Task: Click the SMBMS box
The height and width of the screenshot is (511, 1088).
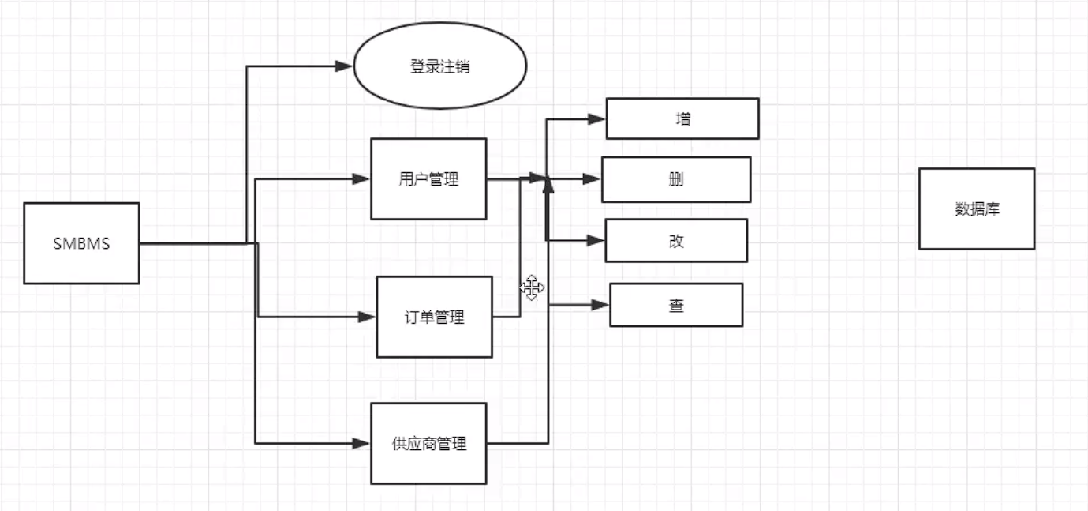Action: click(81, 243)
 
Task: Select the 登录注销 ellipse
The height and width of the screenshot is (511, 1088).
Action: click(439, 66)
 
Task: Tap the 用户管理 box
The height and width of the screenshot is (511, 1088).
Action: click(428, 179)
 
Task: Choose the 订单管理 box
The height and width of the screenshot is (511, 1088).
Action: click(434, 317)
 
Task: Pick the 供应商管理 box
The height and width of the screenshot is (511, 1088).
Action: click(428, 443)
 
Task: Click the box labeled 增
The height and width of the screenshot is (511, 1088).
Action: click(682, 118)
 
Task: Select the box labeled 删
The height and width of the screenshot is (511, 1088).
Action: click(675, 179)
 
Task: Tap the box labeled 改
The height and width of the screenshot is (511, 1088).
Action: click(675, 240)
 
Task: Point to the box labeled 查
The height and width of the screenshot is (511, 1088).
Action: click(675, 305)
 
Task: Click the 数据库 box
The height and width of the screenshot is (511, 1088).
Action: click(976, 209)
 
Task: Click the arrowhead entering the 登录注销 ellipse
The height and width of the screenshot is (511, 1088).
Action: click(343, 66)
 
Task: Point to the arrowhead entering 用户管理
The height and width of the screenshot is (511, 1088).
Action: click(362, 179)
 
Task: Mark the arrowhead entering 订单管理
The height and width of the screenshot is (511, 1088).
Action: click(367, 317)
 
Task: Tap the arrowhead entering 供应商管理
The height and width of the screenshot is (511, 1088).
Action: click(362, 444)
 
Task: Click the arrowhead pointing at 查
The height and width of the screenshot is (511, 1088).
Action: click(601, 305)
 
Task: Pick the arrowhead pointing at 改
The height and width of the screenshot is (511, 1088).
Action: click(596, 240)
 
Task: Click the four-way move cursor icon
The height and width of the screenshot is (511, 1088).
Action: click(531, 288)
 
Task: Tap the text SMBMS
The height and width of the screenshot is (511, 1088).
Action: click(81, 243)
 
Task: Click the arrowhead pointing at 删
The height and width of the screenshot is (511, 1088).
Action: click(593, 179)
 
